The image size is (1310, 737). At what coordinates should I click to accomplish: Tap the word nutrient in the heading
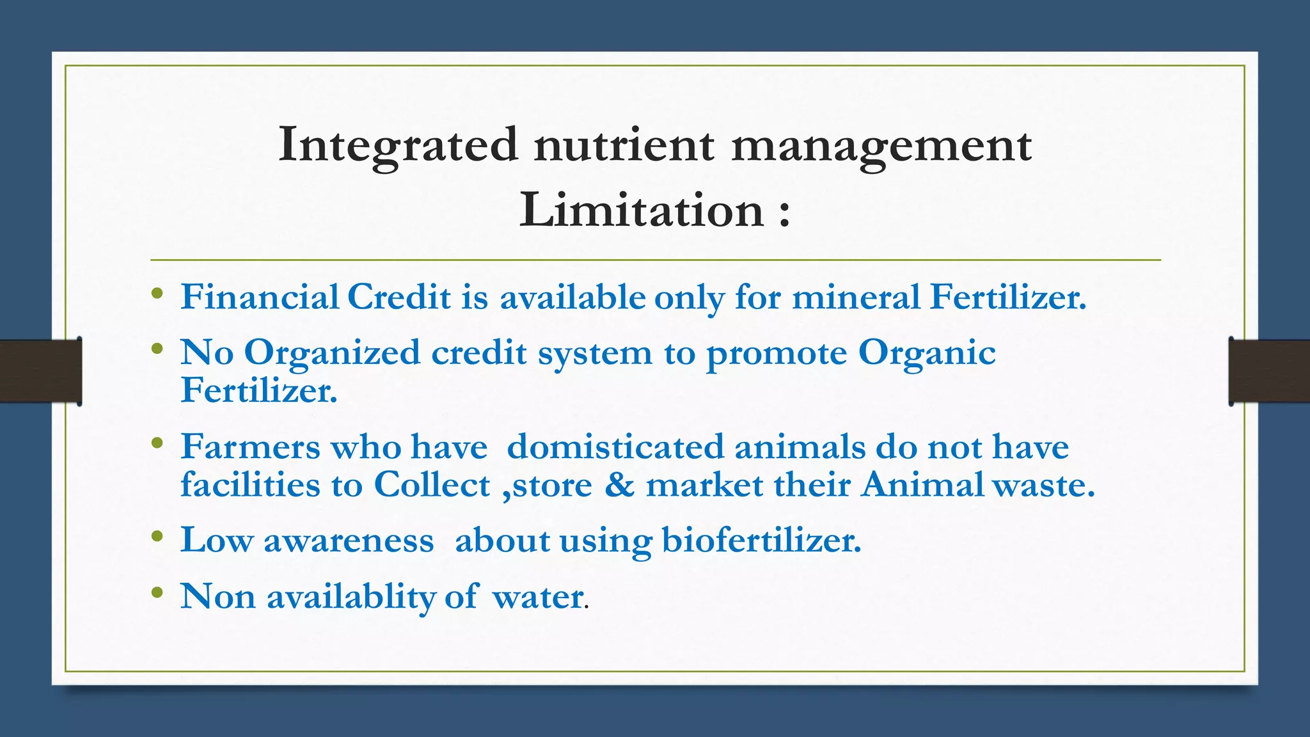click(624, 145)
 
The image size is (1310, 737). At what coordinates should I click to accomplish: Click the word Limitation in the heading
click(642, 210)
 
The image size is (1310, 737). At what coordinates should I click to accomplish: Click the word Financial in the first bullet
click(260, 297)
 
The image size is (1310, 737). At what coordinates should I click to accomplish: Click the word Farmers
click(250, 447)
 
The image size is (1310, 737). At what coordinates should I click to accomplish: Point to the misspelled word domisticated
click(615, 447)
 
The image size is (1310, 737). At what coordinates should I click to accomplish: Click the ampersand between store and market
click(619, 485)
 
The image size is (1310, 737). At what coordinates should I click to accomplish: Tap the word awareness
click(349, 541)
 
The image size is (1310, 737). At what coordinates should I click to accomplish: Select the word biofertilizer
click(761, 541)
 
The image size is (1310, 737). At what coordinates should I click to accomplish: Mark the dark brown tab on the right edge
click(1269, 371)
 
